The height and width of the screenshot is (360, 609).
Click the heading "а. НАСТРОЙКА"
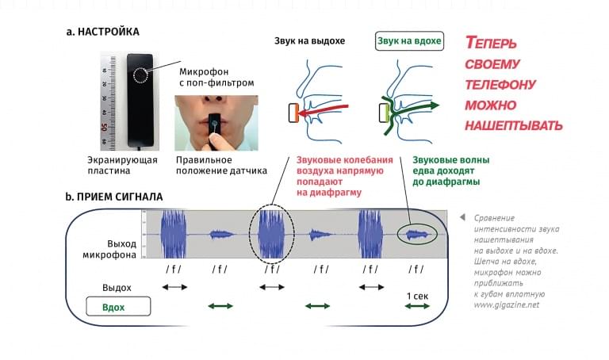coord(103,32)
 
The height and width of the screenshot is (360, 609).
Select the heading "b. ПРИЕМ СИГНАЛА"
coord(114,197)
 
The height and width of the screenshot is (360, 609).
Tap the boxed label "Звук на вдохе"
coord(409,40)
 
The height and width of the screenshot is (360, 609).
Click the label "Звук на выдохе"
coord(309,40)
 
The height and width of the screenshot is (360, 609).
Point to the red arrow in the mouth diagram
coord(324,110)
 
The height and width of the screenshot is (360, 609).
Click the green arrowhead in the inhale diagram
coord(435,105)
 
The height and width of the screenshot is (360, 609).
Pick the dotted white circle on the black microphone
coord(140,75)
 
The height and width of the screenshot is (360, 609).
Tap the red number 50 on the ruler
coord(104,127)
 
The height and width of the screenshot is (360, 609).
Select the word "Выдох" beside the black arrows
coord(117,288)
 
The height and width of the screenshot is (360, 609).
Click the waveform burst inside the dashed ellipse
coord(271,234)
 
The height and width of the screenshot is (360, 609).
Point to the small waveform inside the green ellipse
coord(417,235)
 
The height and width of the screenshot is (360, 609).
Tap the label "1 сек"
coord(418,296)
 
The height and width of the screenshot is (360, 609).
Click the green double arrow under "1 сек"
coord(417,306)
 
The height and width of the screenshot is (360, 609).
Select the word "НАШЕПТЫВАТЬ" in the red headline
coord(514,125)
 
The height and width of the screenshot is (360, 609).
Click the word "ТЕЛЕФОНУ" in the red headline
coord(500,84)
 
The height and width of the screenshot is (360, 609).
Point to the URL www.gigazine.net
coord(507,304)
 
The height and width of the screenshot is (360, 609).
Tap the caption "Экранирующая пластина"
coord(122,165)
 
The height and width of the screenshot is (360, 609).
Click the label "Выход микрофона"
coord(109,249)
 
